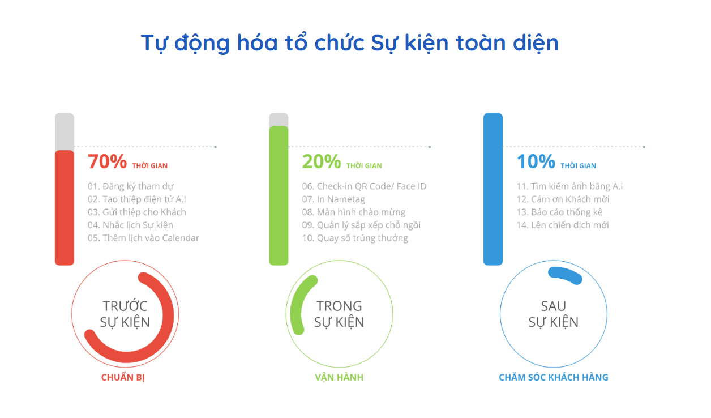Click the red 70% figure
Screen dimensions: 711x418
coord(108,161)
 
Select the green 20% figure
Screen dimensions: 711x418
coord(322,161)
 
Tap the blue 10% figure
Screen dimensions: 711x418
coord(536,161)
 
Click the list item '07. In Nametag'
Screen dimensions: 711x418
coord(333,199)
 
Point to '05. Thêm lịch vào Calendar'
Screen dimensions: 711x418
coord(143,238)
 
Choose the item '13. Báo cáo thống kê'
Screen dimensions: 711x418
coord(559,212)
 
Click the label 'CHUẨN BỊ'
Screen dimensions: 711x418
coord(123,377)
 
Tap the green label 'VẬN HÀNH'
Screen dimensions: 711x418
coord(339,377)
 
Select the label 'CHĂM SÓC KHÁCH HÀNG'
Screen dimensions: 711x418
coord(553,377)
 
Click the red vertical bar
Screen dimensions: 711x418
coord(65,208)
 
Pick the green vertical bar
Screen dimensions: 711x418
coord(279,195)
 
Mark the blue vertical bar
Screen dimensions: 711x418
coord(493,189)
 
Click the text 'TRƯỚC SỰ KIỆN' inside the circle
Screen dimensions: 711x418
coord(125,314)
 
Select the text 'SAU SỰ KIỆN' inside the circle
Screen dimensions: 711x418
coord(553,314)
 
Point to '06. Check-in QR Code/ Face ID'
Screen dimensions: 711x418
coord(364,186)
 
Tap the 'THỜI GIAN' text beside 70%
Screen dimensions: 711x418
coord(150,165)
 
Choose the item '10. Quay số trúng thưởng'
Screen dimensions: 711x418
coord(355,238)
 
